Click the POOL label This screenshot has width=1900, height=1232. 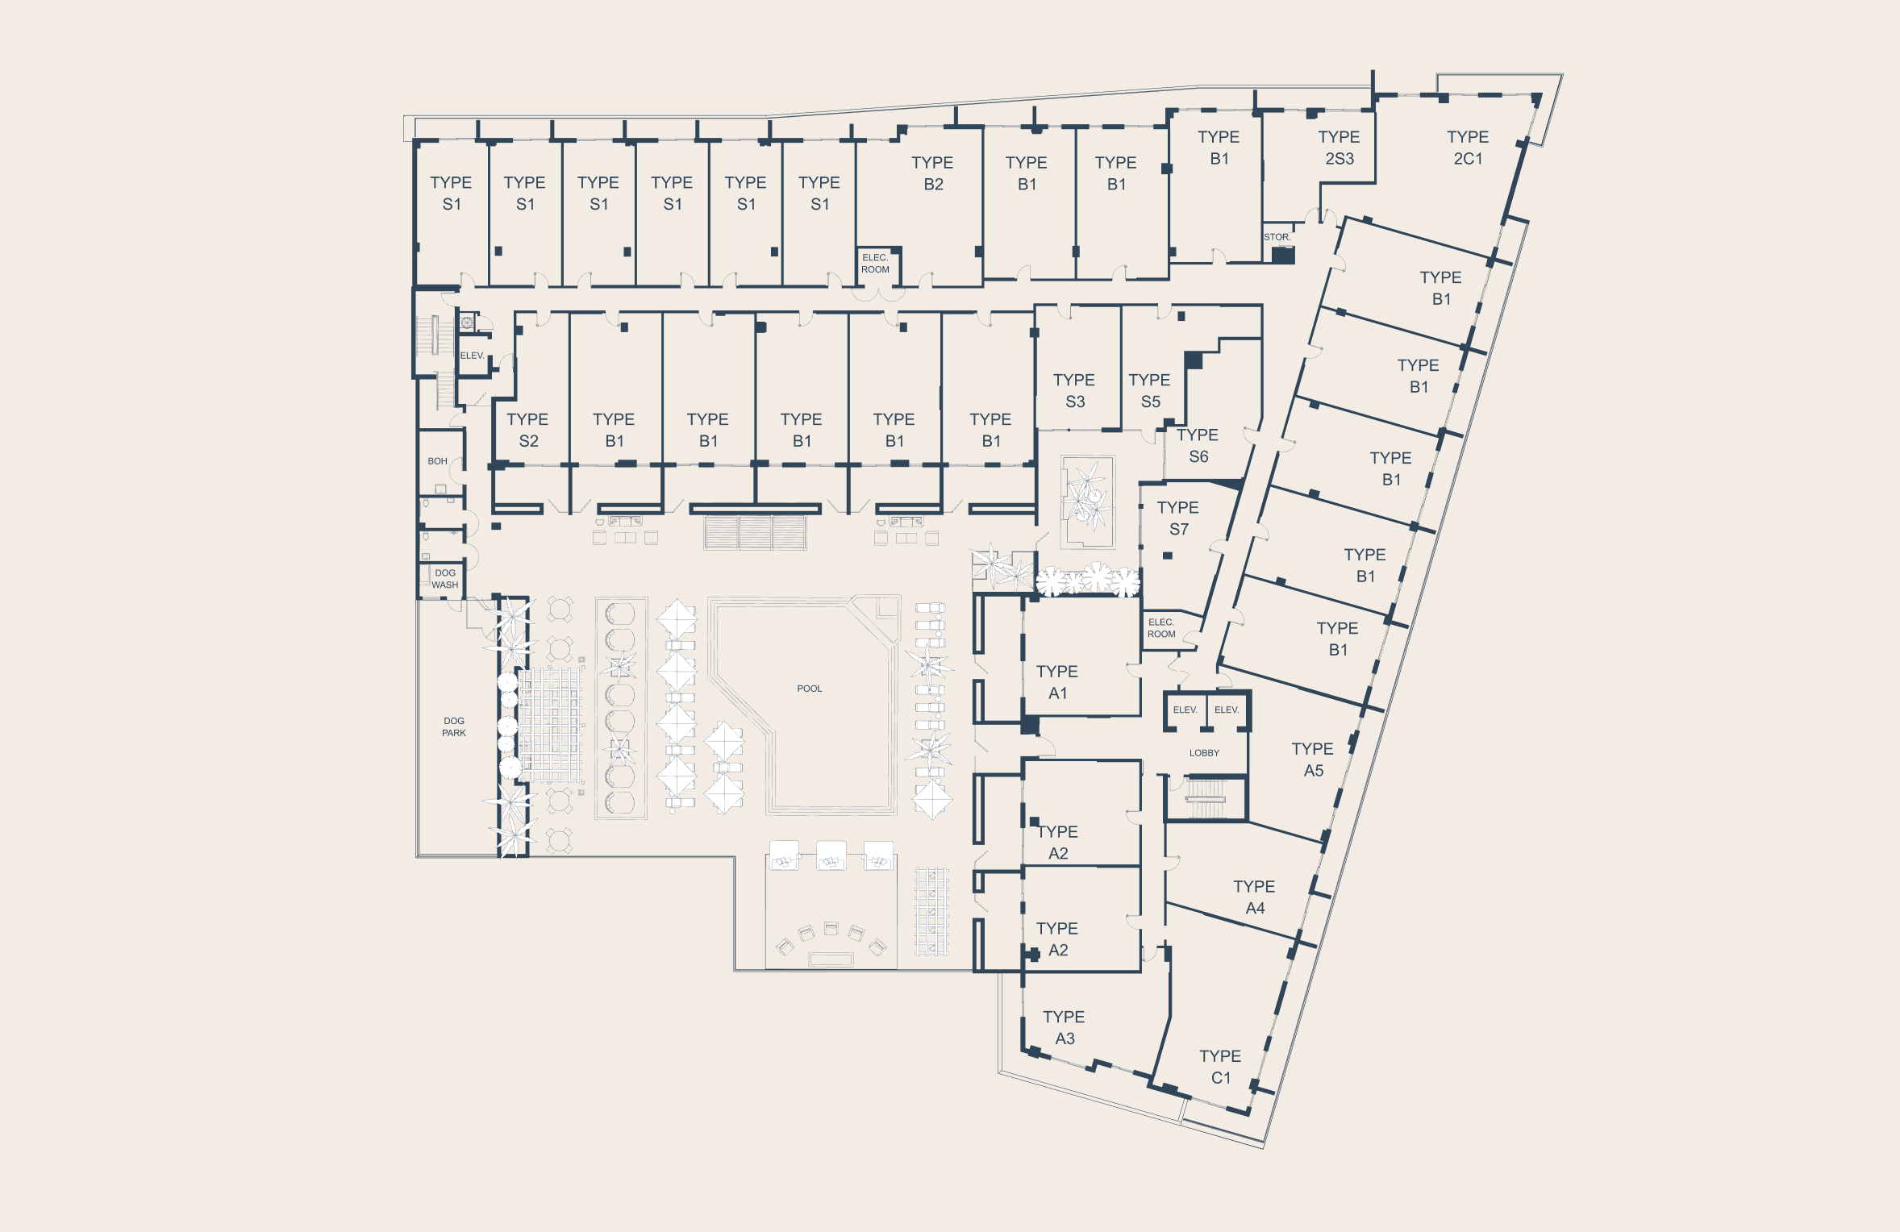(x=809, y=689)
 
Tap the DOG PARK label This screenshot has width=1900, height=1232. (x=453, y=727)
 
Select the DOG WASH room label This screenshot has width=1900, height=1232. (x=444, y=579)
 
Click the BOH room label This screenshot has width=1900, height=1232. (x=437, y=461)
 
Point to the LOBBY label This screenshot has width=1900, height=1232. (x=1203, y=753)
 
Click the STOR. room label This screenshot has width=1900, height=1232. (x=1277, y=237)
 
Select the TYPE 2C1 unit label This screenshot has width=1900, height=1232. (x=1467, y=148)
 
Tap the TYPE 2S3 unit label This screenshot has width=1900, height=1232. (x=1339, y=148)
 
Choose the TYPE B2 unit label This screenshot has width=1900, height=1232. (x=932, y=173)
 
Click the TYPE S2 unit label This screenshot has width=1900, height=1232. (x=527, y=430)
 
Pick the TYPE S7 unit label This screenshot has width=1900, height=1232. (x=1177, y=518)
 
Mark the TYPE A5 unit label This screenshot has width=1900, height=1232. (x=1312, y=760)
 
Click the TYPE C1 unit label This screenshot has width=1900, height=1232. (x=1219, y=1067)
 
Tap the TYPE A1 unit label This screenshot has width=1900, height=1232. (x=1056, y=682)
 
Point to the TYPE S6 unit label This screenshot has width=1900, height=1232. (x=1198, y=446)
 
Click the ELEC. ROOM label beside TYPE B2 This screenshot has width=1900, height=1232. (x=875, y=264)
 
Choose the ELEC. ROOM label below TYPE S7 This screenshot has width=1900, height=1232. (x=1161, y=628)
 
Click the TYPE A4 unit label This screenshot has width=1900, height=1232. (x=1254, y=897)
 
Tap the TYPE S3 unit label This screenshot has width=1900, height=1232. (x=1073, y=390)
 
